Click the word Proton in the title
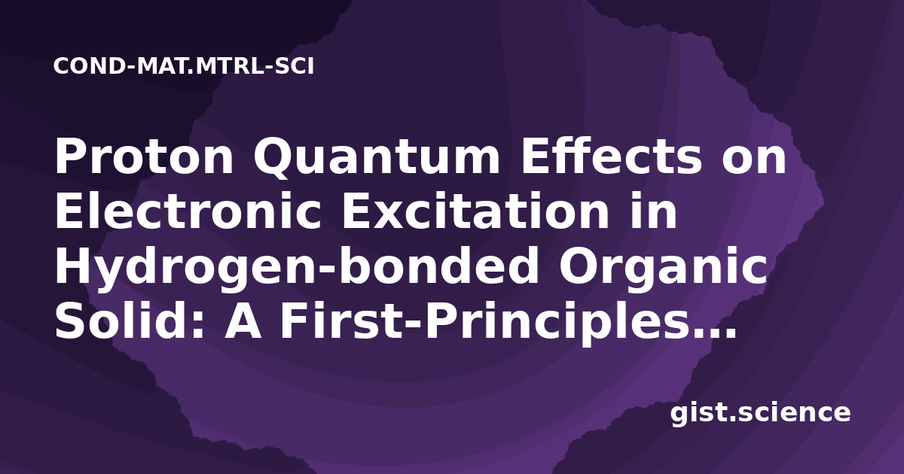point(144,156)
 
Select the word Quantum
point(377,159)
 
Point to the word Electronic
point(188,211)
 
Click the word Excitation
point(475,211)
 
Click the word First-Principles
point(479,323)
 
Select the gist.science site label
point(760,414)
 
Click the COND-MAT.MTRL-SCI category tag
point(184,66)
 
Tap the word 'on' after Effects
point(754,160)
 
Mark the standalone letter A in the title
point(243,321)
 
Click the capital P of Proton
point(70,156)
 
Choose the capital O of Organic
point(579,266)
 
